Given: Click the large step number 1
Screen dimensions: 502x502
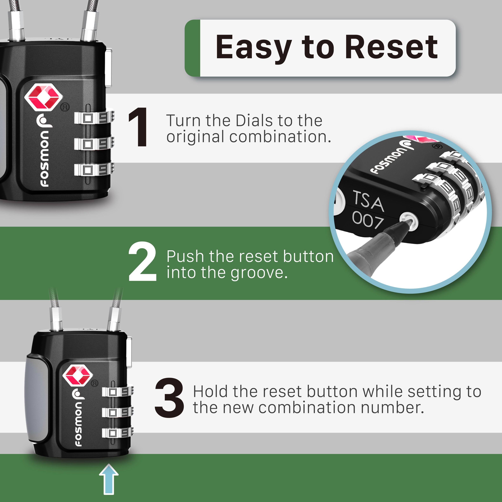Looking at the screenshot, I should [139, 127].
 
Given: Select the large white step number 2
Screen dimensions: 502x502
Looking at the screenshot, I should [142, 262].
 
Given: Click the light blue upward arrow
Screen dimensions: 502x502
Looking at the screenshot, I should [109, 479].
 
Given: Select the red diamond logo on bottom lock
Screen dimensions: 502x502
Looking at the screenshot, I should [78, 376].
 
